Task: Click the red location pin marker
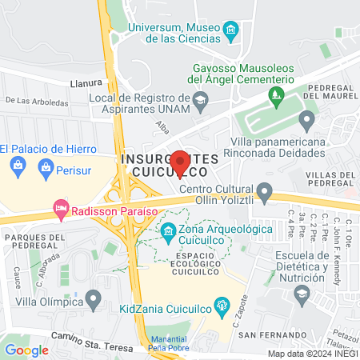click(x=181, y=162)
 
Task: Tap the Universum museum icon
click(x=231, y=32)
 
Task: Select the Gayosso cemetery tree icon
click(x=277, y=98)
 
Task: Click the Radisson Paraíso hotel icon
click(x=60, y=209)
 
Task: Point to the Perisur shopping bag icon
click(x=46, y=168)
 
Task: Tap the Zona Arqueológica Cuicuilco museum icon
click(x=168, y=233)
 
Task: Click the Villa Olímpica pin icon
click(x=94, y=301)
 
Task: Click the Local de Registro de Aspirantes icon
click(x=201, y=98)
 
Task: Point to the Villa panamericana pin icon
click(x=306, y=122)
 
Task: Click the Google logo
click(x=26, y=350)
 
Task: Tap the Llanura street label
click(x=86, y=82)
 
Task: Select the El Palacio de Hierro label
click(x=48, y=149)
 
